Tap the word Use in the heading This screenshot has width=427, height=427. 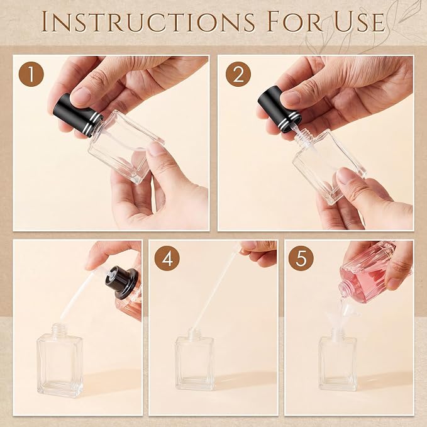360,21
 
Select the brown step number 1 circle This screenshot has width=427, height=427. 31,74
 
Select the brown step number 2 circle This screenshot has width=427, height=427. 238,74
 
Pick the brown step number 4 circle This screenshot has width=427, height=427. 167,258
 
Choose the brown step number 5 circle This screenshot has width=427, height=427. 301,258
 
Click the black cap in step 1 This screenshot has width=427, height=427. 77,116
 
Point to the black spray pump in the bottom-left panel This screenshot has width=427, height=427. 121,282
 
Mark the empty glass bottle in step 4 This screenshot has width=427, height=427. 194,360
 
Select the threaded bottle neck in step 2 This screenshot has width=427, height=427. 303,138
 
